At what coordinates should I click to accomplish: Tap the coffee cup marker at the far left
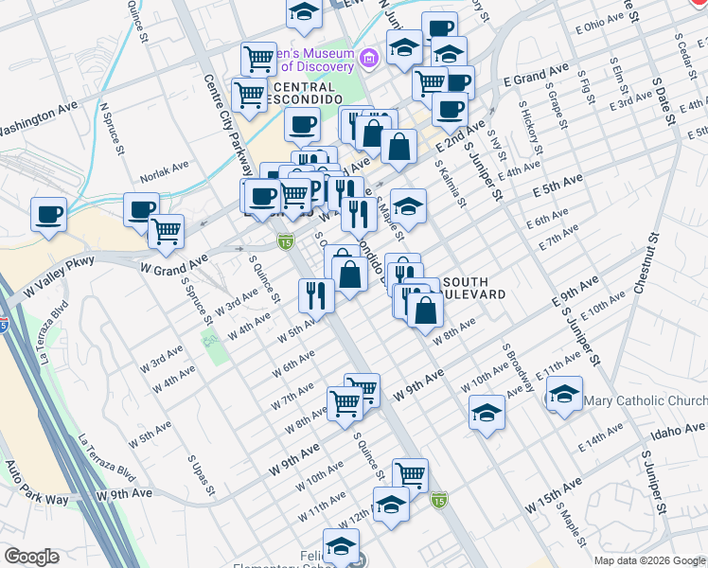coord(48,213)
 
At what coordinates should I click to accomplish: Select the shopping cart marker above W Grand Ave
coord(167,231)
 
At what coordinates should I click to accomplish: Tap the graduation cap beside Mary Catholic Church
coord(564,393)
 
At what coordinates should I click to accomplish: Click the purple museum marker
coord(369,60)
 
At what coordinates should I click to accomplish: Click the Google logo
coord(30,557)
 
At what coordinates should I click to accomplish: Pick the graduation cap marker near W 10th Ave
coord(487,412)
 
